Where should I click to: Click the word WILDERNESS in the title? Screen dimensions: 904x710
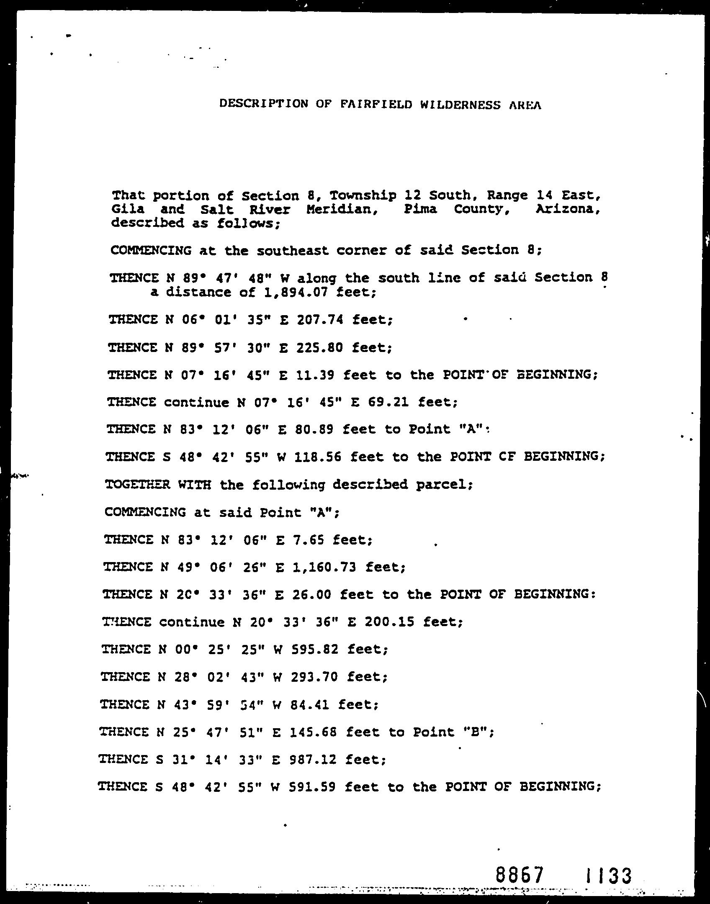pyautogui.click(x=460, y=105)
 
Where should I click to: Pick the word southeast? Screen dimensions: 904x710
pyautogui.click(x=293, y=250)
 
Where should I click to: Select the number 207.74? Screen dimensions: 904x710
pyautogui.click(x=320, y=320)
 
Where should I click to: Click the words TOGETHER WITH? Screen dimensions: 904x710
pyautogui.click(x=158, y=485)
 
